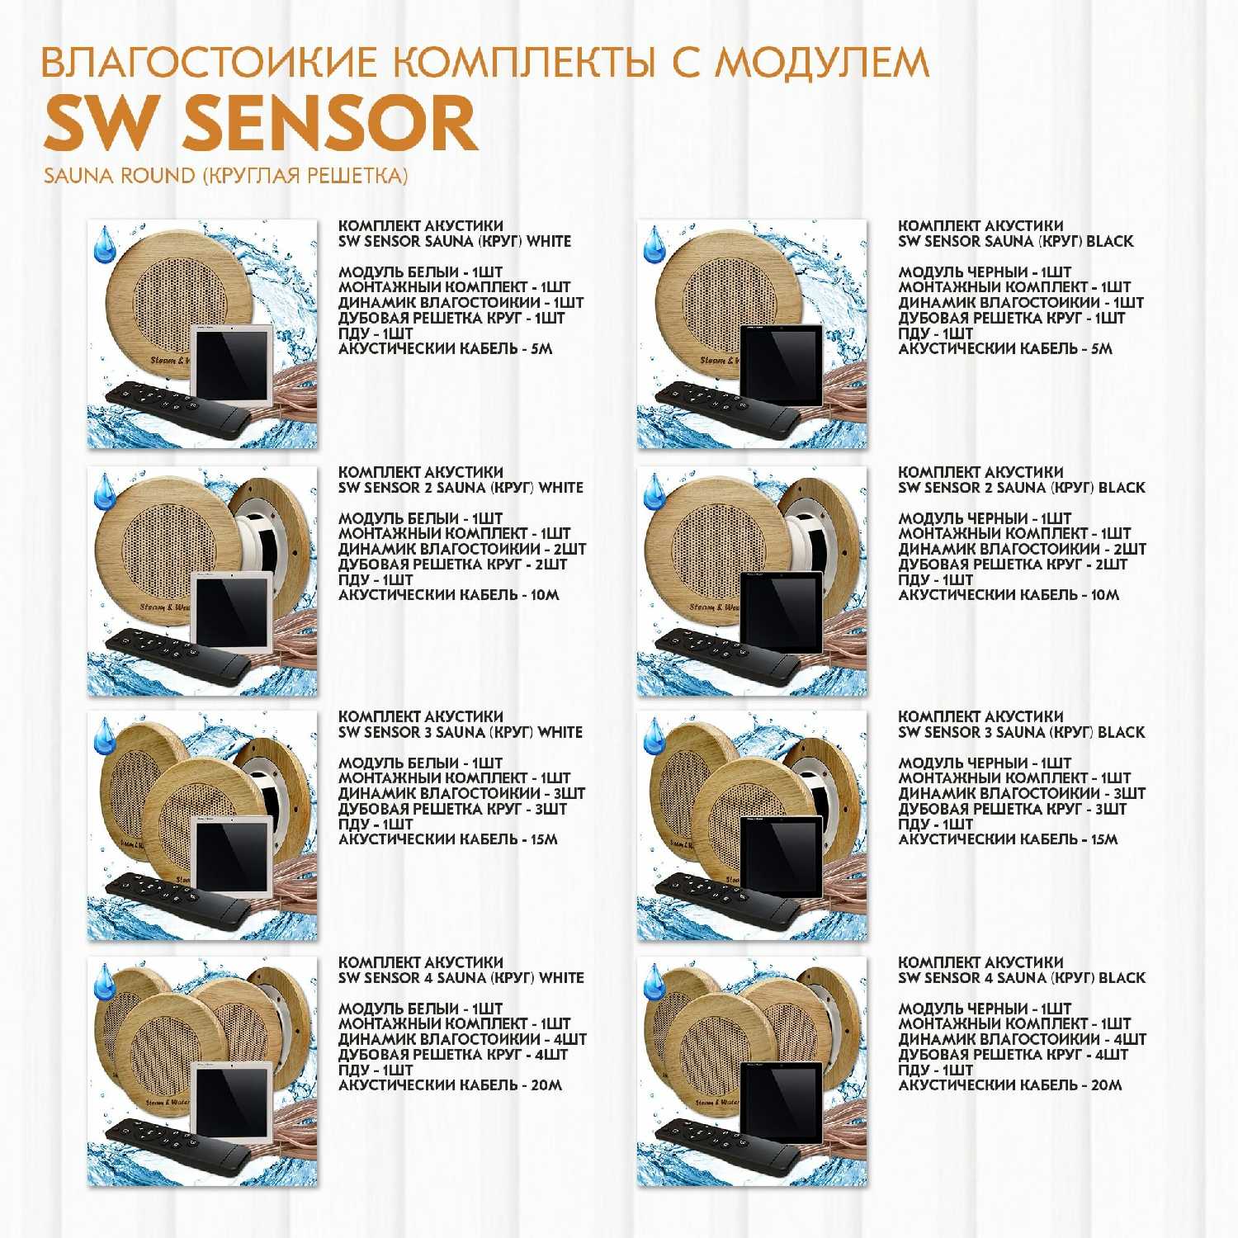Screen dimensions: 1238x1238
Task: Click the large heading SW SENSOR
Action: pyautogui.click(x=261, y=123)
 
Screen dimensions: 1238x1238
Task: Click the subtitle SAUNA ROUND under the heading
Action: pyautogui.click(x=119, y=176)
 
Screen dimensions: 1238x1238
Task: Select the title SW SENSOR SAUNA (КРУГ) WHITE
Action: pyautogui.click(x=455, y=241)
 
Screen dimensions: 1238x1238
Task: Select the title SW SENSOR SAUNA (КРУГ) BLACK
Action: pyautogui.click(x=1016, y=241)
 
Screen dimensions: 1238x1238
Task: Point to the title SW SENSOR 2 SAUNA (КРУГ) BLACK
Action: pyautogui.click(x=1022, y=487)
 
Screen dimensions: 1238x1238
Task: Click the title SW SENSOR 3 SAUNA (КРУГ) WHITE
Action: pyautogui.click(x=461, y=732)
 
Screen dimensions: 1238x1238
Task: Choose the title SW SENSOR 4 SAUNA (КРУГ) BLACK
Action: pyautogui.click(x=1022, y=977)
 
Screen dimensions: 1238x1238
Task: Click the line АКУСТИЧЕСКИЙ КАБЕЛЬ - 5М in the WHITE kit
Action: pyautogui.click(x=446, y=348)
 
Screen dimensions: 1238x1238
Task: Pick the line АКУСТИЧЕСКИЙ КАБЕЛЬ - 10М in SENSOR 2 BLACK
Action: pyautogui.click(x=1009, y=594)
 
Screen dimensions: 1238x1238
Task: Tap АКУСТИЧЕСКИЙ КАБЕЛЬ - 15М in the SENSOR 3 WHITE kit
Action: pyautogui.click(x=448, y=839)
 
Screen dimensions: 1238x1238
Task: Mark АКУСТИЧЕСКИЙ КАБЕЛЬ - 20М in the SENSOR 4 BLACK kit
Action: pyautogui.click(x=1010, y=1084)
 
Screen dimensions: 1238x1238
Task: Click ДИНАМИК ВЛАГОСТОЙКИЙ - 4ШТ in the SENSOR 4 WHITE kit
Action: pyautogui.click(x=462, y=1038)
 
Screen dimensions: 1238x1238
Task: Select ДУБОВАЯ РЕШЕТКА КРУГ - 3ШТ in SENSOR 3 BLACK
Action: pyautogui.click(x=1012, y=809)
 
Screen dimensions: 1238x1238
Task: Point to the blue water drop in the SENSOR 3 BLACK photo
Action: pyautogui.click(x=654, y=736)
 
